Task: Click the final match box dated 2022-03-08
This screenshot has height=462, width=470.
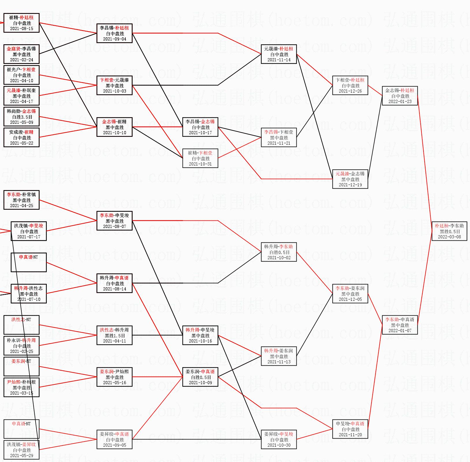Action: (449, 231)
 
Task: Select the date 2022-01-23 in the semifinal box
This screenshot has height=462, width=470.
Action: (400, 102)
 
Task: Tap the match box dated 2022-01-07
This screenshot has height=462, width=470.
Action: (400, 325)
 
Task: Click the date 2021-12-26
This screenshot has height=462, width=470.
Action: (350, 91)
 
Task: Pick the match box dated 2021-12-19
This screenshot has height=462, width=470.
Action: (350, 179)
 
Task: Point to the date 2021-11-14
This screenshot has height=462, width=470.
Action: (279, 60)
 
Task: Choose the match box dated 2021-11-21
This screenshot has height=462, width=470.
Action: (279, 137)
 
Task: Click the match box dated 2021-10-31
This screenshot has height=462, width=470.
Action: (200, 158)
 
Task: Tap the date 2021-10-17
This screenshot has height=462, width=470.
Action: (200, 133)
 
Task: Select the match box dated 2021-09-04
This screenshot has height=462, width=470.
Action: (114, 33)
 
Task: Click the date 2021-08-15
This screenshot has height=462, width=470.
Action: (22, 29)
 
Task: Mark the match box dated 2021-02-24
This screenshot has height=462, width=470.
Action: (22, 54)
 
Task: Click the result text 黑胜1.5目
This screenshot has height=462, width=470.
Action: (115, 336)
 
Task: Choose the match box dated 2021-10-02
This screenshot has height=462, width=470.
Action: (279, 252)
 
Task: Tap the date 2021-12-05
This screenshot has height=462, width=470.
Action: (350, 299)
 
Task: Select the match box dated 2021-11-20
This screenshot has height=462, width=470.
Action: (350, 429)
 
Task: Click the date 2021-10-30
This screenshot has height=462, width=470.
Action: (279, 445)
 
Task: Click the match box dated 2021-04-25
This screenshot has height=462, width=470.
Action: (22, 200)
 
